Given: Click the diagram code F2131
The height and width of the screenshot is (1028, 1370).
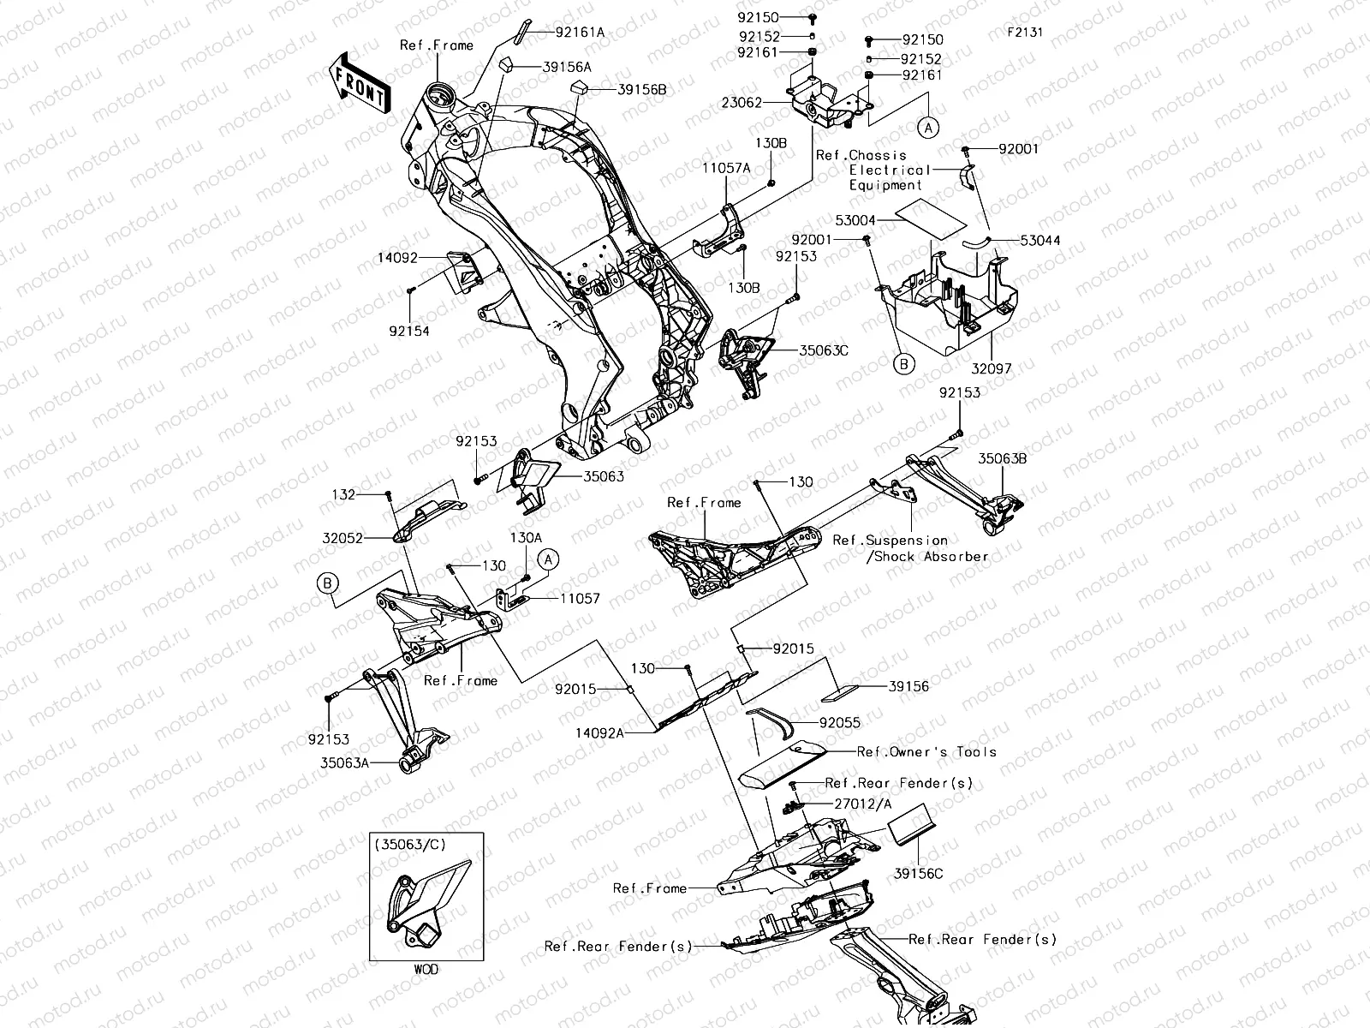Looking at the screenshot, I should click(x=1025, y=32).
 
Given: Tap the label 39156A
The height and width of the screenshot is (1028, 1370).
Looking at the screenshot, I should click(x=566, y=66).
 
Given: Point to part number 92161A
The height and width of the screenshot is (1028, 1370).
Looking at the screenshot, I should click(x=580, y=33).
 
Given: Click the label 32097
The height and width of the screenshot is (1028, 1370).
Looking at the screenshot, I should click(x=992, y=369).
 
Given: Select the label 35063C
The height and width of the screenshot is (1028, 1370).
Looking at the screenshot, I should click(x=824, y=350).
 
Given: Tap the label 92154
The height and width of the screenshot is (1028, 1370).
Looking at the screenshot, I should click(x=408, y=331).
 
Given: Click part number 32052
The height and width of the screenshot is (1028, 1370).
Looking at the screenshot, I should click(x=342, y=539).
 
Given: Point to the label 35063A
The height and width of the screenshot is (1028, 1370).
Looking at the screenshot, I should click(x=345, y=762).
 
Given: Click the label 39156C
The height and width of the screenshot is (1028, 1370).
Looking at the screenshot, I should click(x=918, y=874).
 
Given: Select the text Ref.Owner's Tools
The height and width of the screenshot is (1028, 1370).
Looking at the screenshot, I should click(x=927, y=751).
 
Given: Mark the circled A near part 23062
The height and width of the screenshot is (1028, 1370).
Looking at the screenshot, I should click(x=928, y=127).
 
